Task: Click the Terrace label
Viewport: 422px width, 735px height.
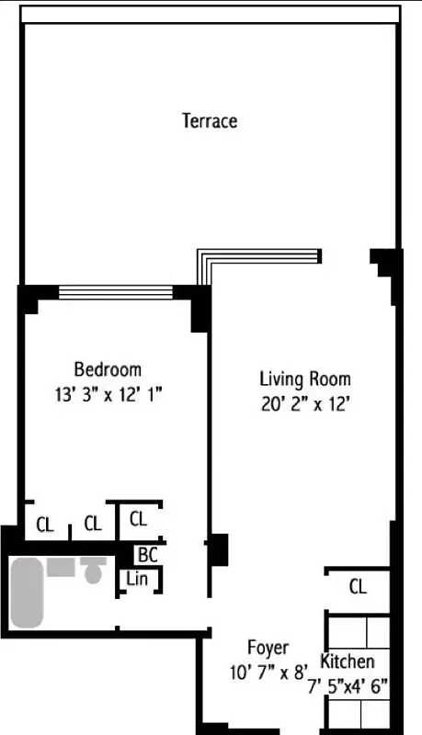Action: click(x=210, y=120)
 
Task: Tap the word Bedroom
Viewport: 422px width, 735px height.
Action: click(x=108, y=370)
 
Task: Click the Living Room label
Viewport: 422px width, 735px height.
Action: click(x=304, y=378)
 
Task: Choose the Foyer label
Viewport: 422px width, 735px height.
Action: click(x=268, y=648)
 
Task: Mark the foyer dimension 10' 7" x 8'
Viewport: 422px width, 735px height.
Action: click(x=268, y=672)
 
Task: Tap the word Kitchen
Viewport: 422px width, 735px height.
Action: click(x=347, y=661)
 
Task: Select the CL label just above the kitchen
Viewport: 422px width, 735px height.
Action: click(x=358, y=586)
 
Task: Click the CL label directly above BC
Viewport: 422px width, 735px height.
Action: click(x=138, y=518)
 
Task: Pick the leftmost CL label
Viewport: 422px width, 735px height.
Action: click(x=45, y=525)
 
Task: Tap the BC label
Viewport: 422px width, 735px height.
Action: click(x=147, y=555)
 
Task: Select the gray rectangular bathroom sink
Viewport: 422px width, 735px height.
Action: click(x=61, y=566)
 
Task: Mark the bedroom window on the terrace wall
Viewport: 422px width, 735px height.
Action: click(x=115, y=292)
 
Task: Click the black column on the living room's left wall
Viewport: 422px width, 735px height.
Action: click(x=219, y=549)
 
